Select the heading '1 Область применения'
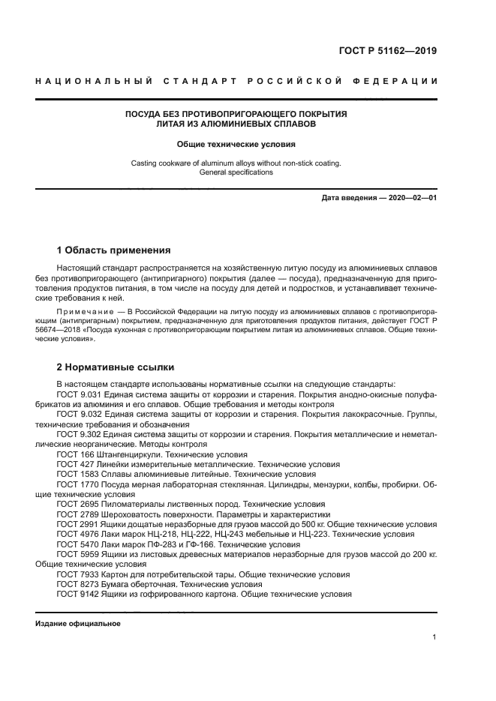pyautogui.click(x=114, y=250)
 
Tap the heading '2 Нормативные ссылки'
pyautogui.click(x=116, y=367)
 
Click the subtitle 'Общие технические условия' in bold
pyautogui.click(x=236, y=143)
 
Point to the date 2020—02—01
pyautogui.click(x=410, y=198)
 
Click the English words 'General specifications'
pyautogui.click(x=236, y=172)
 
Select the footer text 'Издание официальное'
pyautogui.click(x=78, y=624)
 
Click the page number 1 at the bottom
pyautogui.click(x=434, y=637)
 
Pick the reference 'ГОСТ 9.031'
pyautogui.click(x=79, y=393)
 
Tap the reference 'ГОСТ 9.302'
pyautogui.click(x=79, y=435)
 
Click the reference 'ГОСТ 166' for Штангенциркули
pyautogui.click(x=74, y=454)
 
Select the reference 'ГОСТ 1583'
pyautogui.click(x=76, y=474)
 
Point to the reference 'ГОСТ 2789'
pyautogui.click(x=76, y=515)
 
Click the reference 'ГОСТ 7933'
pyautogui.click(x=76, y=574)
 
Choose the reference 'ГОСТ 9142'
pyautogui.click(x=76, y=594)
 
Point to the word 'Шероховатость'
pyautogui.click(x=131, y=515)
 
